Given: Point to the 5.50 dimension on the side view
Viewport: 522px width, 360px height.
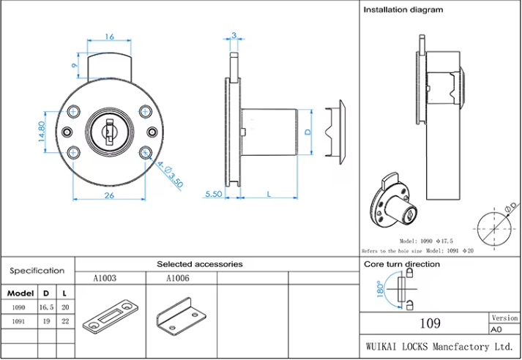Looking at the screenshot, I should pos(214,194).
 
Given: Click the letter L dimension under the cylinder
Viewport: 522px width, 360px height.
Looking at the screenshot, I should pos(269,194).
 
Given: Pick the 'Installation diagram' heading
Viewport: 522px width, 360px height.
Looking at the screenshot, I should pos(403,10).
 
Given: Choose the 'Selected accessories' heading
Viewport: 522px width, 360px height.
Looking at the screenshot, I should pos(199,263).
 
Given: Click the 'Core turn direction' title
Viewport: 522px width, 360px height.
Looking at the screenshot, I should pos(402,263).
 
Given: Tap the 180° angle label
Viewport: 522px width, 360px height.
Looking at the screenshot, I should pos(379,291).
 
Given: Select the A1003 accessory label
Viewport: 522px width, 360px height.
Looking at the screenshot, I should pos(105,278).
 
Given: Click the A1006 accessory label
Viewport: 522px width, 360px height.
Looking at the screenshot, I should pos(178,278).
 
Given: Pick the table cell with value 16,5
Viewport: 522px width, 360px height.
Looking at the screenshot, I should pos(46,307).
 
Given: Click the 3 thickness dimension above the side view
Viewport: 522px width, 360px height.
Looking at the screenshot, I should pos(234,35).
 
